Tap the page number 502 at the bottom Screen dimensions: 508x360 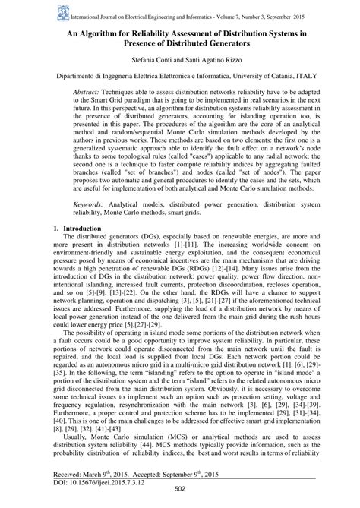[x=180, y=499]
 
